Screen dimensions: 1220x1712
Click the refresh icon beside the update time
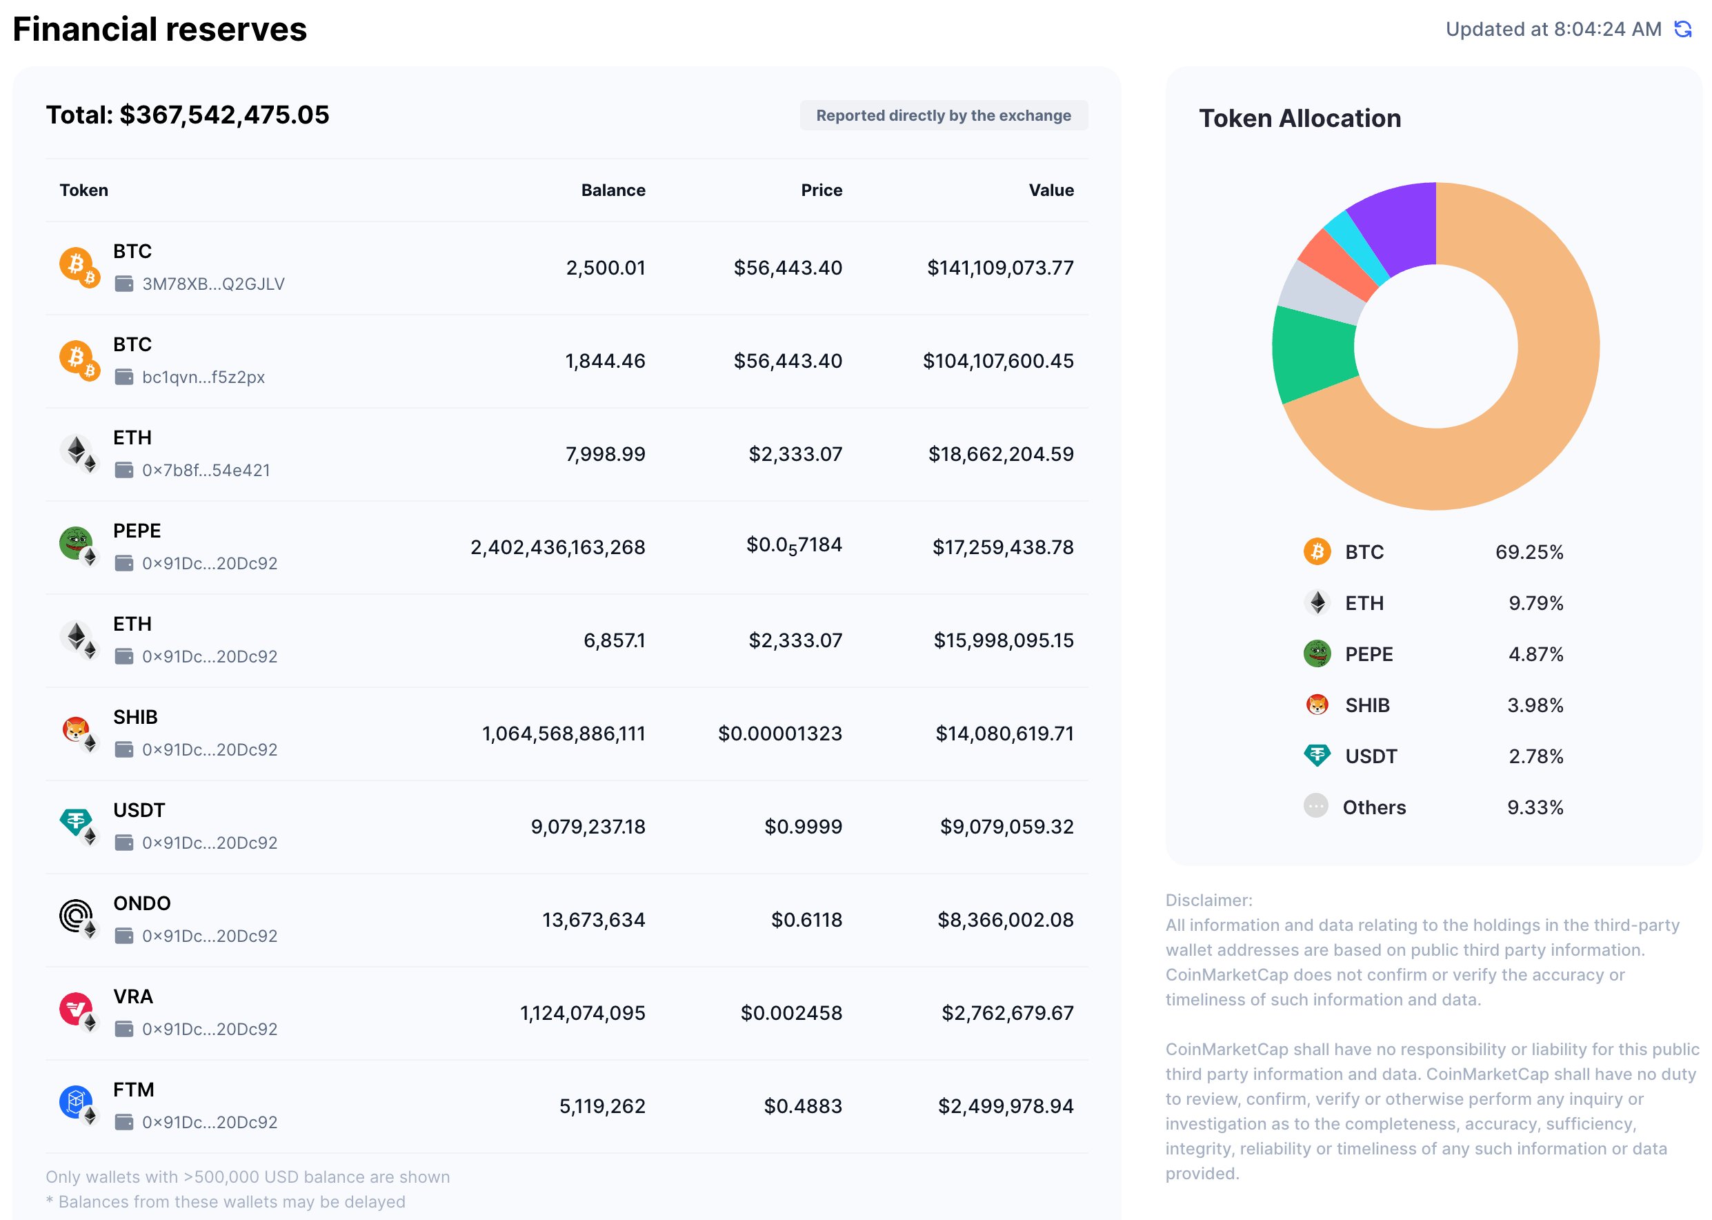tap(1683, 29)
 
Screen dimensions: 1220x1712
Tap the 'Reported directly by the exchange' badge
tap(943, 116)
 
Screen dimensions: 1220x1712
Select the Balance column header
tap(613, 190)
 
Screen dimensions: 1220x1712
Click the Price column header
tap(821, 190)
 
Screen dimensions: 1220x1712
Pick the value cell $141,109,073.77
tap(999, 268)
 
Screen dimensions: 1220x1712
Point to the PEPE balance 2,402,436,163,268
tap(557, 548)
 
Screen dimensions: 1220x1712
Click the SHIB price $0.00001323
tap(779, 734)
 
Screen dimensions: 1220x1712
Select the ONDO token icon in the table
tap(76, 916)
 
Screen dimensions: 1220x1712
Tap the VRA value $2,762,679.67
tap(1007, 1014)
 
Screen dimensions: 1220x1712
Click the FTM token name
tap(134, 1090)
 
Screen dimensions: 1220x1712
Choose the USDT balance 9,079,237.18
tap(587, 827)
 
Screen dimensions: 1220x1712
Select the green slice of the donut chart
tap(1313, 353)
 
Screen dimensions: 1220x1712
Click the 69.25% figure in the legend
tap(1529, 553)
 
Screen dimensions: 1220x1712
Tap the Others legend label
tap(1373, 807)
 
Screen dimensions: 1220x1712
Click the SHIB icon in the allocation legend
tap(1316, 705)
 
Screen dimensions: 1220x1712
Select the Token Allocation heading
tap(1299, 119)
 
